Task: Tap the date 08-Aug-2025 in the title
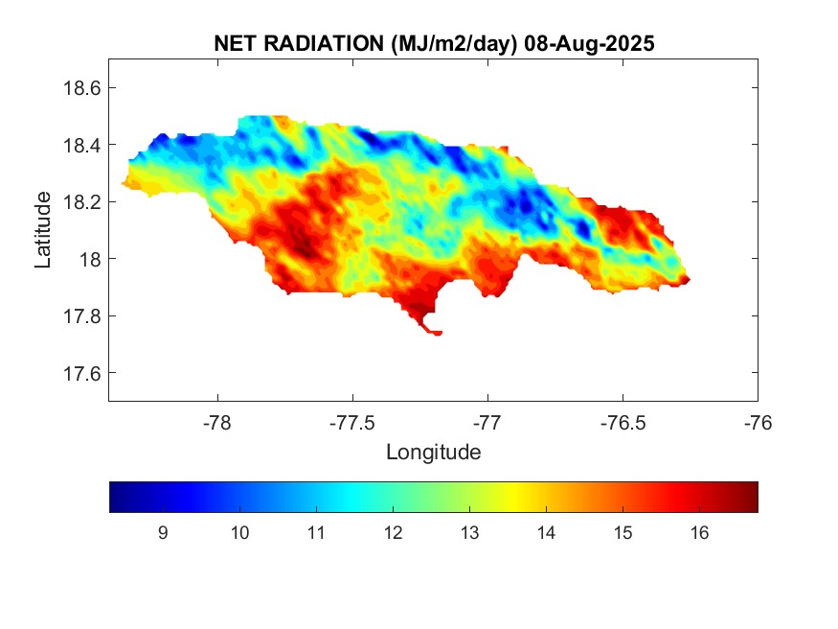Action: [x=594, y=44]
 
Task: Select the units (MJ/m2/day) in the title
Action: [x=445, y=44]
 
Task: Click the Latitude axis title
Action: [x=43, y=229]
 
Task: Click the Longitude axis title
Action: [x=433, y=452]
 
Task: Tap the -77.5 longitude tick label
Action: [x=352, y=422]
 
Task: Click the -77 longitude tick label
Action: [x=487, y=422]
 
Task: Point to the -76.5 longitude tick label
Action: [x=623, y=422]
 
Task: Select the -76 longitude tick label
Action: [x=758, y=422]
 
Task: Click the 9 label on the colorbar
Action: [x=163, y=534]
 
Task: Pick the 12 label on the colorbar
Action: [x=393, y=534]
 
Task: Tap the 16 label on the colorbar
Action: [x=699, y=534]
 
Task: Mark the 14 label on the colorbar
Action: [x=546, y=534]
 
